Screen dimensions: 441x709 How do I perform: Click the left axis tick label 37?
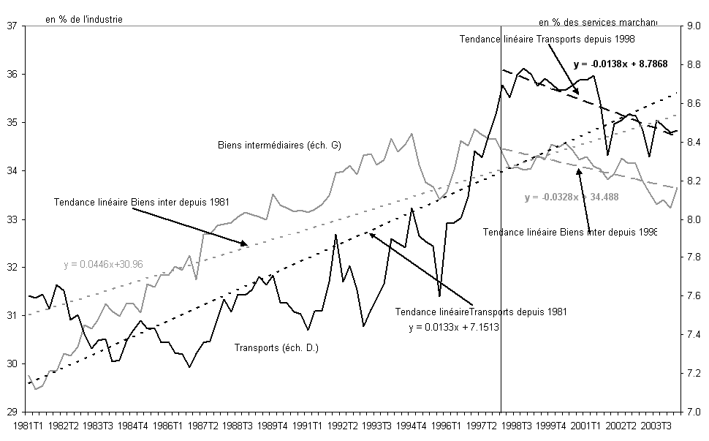[x=12, y=26]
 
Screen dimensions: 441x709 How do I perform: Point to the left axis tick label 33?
[x=12, y=219]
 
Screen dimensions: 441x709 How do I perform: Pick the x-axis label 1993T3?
[x=371, y=424]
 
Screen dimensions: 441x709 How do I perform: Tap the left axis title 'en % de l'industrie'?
[x=83, y=18]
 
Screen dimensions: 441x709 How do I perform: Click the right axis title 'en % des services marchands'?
[x=598, y=22]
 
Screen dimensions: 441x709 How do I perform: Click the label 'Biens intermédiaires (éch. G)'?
[x=280, y=144]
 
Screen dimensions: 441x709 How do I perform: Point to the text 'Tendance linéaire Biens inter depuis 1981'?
[x=129, y=202]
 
